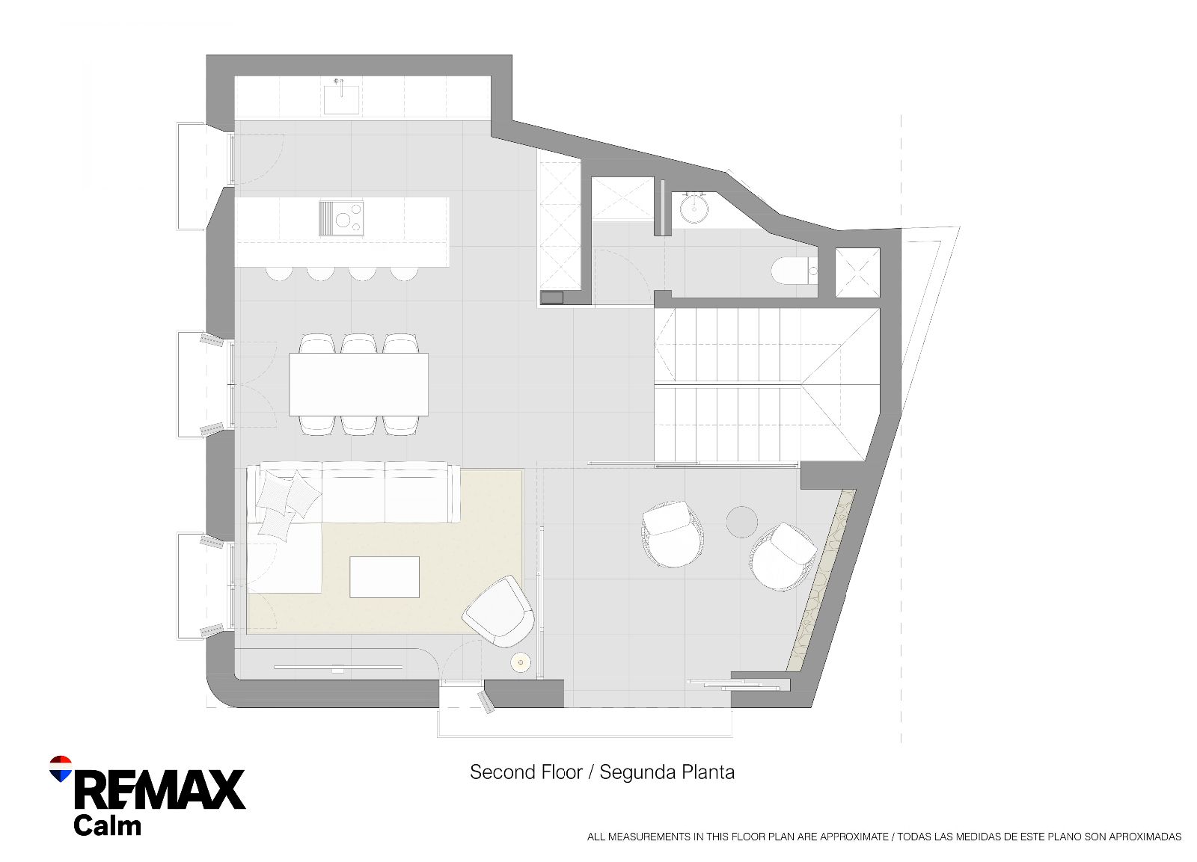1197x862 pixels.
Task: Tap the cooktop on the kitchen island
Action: coord(342,218)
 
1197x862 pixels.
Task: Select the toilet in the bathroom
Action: coord(795,270)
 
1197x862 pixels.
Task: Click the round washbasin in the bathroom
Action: coord(695,209)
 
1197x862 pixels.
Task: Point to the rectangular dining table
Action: coord(358,384)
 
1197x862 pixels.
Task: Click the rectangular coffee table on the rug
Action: coord(385,577)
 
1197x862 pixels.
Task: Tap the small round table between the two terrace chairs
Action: coord(741,522)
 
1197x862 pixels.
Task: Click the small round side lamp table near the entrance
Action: coord(521,663)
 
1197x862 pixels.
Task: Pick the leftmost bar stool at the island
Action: coord(279,273)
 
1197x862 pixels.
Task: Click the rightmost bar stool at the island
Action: coord(404,273)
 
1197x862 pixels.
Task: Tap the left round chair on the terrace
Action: coord(673,534)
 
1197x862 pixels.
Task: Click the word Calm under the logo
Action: coord(108,825)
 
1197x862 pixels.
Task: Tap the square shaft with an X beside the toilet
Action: coord(857,272)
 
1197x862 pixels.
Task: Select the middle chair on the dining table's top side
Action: coord(358,343)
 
